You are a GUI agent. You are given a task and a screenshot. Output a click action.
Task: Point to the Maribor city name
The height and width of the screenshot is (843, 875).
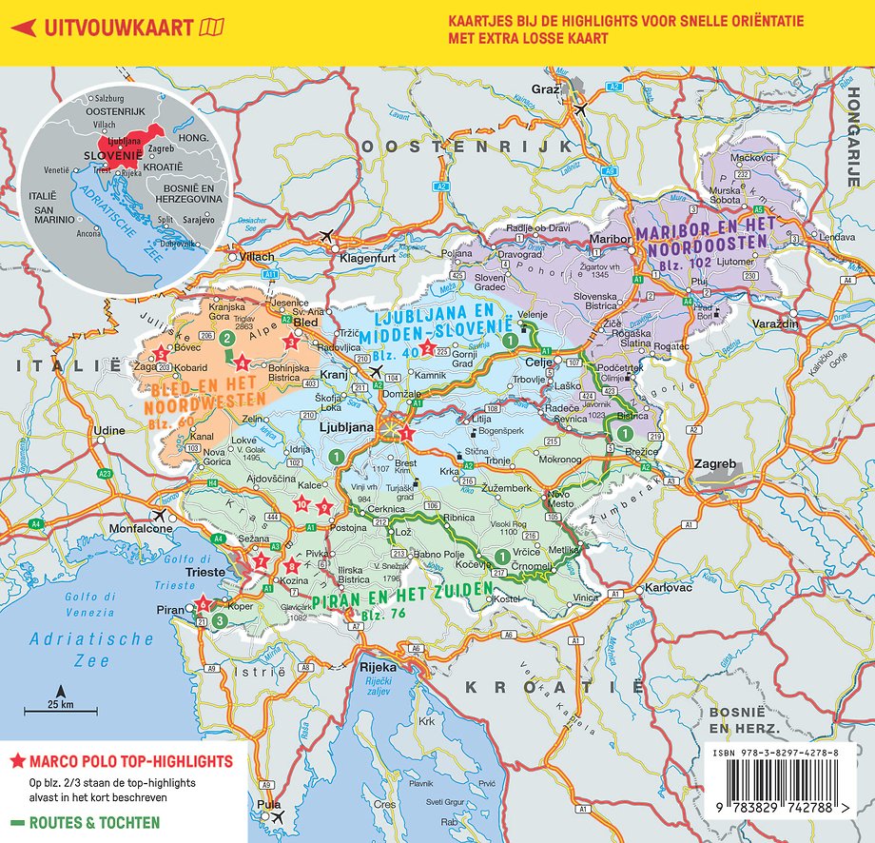(x=611, y=238)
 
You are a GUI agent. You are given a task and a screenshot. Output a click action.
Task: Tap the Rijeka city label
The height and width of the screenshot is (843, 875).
(x=378, y=666)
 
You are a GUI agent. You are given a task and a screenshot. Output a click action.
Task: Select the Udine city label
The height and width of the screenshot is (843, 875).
(x=109, y=431)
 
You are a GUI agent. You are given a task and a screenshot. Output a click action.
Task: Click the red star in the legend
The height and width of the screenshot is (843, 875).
(x=17, y=762)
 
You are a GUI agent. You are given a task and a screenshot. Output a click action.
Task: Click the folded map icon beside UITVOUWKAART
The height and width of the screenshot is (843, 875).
(x=212, y=28)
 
